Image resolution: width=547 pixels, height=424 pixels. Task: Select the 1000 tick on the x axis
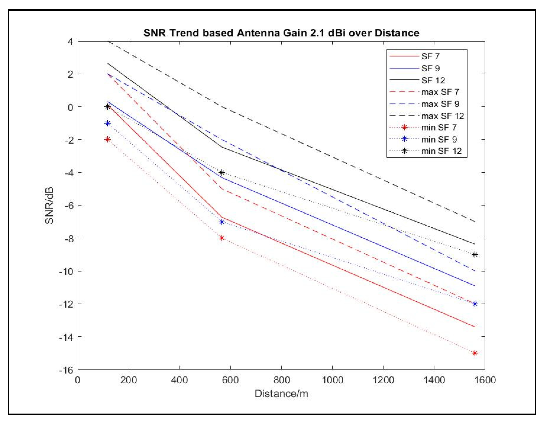point(332,380)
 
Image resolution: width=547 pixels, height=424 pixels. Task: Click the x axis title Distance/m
point(281,394)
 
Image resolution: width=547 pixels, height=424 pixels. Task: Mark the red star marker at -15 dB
point(475,353)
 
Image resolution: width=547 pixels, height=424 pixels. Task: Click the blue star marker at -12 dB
point(475,304)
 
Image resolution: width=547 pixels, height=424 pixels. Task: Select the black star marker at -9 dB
point(475,255)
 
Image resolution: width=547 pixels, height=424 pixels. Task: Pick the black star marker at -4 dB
point(221,173)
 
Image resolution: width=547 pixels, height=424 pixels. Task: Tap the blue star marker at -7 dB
point(221,222)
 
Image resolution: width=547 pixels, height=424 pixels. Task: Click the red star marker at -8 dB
point(221,238)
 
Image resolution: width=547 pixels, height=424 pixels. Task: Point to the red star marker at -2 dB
point(108,139)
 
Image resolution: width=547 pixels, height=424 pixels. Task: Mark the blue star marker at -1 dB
point(108,123)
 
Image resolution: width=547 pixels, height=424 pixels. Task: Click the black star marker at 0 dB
point(108,107)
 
